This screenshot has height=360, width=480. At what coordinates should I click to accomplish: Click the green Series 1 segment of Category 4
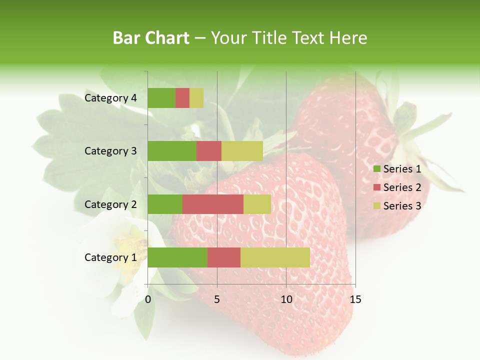click(x=161, y=98)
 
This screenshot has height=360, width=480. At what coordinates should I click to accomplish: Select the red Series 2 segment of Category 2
click(x=213, y=204)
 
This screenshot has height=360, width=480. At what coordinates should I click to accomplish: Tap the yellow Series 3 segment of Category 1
click(x=275, y=257)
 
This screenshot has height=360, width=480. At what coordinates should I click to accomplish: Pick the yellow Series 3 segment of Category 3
click(x=242, y=151)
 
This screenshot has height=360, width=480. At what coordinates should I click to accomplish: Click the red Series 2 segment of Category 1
click(x=224, y=257)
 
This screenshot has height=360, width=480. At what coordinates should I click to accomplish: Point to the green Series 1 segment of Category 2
click(x=165, y=204)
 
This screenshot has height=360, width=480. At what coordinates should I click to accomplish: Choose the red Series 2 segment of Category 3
click(x=209, y=151)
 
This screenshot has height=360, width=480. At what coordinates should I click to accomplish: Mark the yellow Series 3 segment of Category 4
click(x=196, y=98)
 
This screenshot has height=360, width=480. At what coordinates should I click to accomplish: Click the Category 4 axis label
click(x=110, y=98)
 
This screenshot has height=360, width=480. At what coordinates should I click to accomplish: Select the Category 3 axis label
click(x=110, y=151)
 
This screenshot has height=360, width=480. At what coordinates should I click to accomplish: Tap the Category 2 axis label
click(x=110, y=204)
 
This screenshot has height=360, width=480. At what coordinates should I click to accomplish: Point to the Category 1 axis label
click(x=110, y=257)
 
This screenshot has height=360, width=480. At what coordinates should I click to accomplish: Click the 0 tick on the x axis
click(x=148, y=299)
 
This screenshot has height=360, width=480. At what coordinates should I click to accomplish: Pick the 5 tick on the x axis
click(x=217, y=299)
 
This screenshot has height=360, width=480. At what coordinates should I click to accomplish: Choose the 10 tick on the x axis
click(x=286, y=299)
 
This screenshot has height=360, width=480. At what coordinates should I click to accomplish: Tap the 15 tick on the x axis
click(x=355, y=299)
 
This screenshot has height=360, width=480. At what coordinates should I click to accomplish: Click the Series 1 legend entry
click(x=397, y=169)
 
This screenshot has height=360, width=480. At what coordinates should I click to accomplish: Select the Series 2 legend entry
click(x=397, y=187)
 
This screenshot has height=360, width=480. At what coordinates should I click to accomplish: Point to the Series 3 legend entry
click(x=397, y=206)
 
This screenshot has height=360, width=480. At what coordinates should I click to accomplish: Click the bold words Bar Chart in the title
click(x=151, y=38)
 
